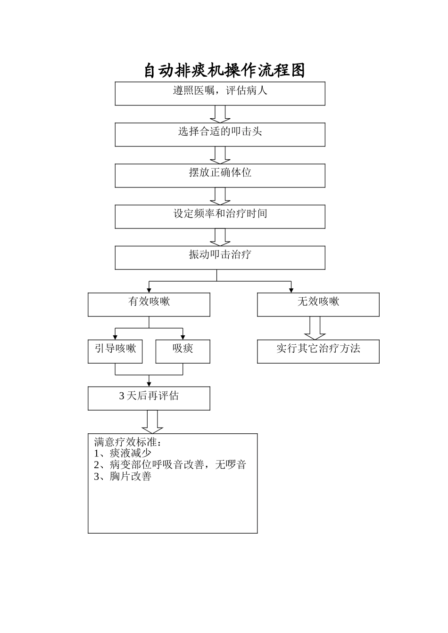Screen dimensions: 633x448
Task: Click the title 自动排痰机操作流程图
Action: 224,71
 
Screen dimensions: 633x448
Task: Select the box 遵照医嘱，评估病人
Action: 220,93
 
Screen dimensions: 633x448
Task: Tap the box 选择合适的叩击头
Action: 220,134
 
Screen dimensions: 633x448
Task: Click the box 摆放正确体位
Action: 220,175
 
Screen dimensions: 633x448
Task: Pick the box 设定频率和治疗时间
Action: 220,216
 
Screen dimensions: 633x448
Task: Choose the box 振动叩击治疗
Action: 220,257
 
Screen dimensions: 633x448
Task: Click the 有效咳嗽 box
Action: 149,304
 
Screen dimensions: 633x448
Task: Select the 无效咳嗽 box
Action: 318,304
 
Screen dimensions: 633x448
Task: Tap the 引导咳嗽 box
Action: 115,351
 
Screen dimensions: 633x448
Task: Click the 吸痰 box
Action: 183,351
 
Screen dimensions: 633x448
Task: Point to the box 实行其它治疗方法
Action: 318,351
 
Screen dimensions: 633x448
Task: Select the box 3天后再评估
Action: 149,398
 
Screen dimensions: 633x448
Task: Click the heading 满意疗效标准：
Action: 128,442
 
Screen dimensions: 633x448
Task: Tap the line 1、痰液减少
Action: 123,453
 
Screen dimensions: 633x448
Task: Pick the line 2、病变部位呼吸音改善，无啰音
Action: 170,465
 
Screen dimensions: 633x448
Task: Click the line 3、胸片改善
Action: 123,476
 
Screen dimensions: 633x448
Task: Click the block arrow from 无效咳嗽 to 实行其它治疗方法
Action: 315,328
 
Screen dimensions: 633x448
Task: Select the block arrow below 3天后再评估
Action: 152,422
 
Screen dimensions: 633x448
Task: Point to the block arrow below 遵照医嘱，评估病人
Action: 220,114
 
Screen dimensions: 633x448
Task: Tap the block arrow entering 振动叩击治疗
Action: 220,237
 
